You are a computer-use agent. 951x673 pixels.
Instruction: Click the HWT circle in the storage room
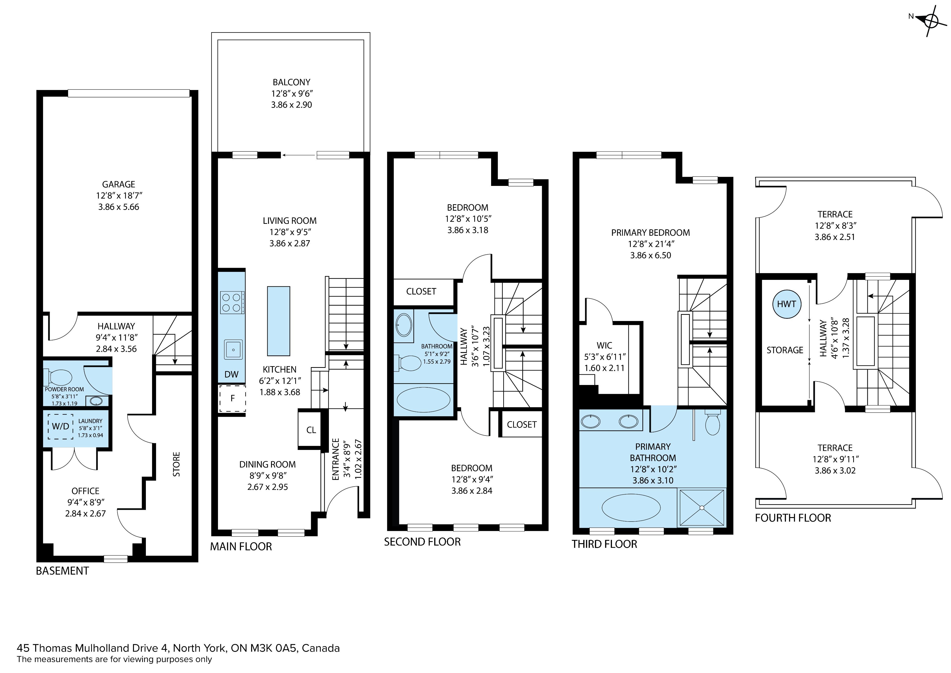pyautogui.click(x=786, y=304)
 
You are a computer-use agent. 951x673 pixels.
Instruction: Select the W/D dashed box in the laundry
pyautogui.click(x=60, y=426)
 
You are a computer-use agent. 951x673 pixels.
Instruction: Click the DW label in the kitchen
pyautogui.click(x=232, y=375)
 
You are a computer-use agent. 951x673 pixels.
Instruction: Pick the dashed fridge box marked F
pyautogui.click(x=232, y=399)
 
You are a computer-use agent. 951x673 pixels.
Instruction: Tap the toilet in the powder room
pyautogui.click(x=58, y=377)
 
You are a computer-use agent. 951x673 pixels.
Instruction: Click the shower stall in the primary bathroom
pyautogui.click(x=701, y=508)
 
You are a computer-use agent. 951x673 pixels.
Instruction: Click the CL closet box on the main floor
pyautogui.click(x=311, y=430)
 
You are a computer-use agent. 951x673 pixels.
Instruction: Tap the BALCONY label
pyautogui.click(x=291, y=82)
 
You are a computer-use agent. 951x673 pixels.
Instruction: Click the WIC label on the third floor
pyautogui.click(x=604, y=345)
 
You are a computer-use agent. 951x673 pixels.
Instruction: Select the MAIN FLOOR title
pyautogui.click(x=241, y=547)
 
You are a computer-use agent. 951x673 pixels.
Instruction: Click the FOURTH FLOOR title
pyautogui.click(x=793, y=518)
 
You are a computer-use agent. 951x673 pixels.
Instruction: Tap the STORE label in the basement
pyautogui.click(x=176, y=464)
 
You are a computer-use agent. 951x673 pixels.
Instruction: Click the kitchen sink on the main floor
pyautogui.click(x=233, y=350)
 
